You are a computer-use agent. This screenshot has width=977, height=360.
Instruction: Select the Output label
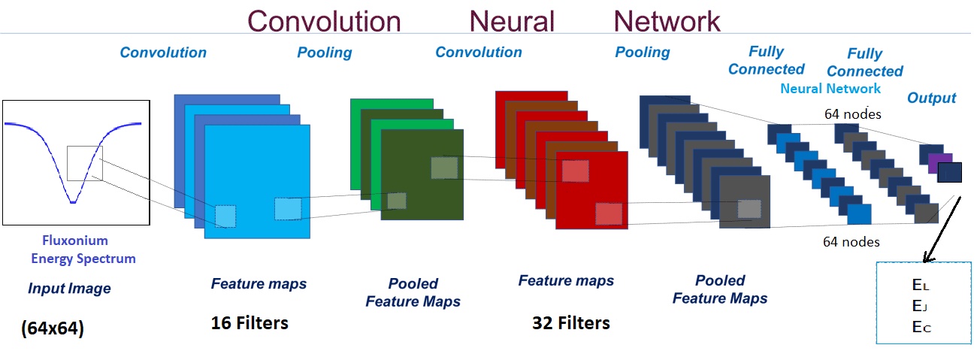tap(931, 98)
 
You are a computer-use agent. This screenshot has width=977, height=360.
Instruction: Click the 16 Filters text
tap(250, 323)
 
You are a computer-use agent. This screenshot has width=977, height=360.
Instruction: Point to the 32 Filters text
tap(570, 323)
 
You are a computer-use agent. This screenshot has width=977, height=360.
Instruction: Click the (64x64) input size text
tap(53, 329)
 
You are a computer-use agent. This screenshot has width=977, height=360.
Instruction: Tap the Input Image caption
tap(69, 288)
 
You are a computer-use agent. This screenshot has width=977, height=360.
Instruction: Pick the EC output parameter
tap(921, 326)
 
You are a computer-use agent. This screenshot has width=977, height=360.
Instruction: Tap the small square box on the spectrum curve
tap(83, 163)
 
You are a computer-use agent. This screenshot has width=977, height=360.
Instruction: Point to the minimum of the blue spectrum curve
tap(72, 201)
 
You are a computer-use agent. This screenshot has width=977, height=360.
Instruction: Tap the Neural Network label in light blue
tap(830, 89)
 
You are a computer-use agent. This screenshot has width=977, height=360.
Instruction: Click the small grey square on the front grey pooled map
tap(749, 209)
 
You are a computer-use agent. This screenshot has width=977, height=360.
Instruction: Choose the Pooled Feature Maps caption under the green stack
tap(413, 292)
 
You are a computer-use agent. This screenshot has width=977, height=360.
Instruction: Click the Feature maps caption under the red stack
tap(566, 280)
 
